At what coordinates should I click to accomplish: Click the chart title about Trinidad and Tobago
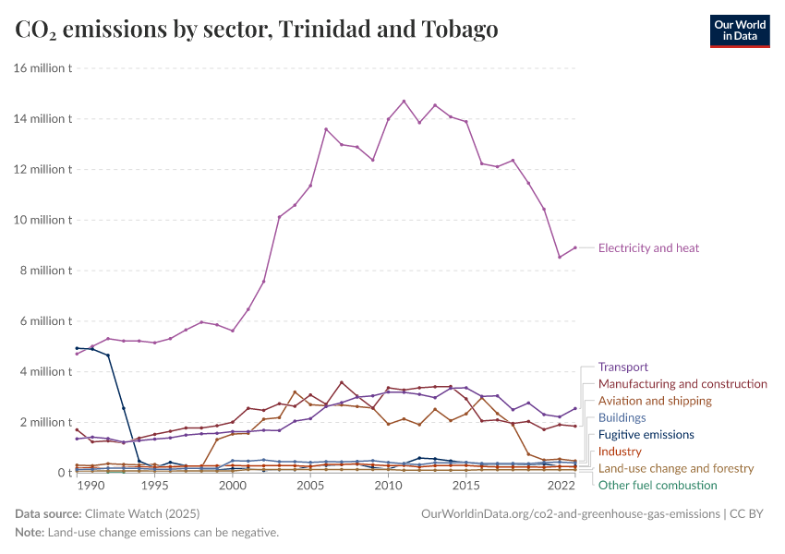[257, 30]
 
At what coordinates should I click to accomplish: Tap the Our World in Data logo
[739, 30]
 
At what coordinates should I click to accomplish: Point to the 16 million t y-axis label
[43, 68]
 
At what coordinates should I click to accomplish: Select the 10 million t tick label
[43, 220]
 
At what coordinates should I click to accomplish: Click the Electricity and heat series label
[648, 247]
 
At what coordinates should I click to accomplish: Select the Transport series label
[623, 367]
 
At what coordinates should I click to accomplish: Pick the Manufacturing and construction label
[682, 383]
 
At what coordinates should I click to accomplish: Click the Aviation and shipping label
[655, 401]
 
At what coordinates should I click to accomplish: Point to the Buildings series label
[622, 417]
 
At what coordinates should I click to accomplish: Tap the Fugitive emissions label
[646, 434]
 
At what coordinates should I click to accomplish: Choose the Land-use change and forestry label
[676, 468]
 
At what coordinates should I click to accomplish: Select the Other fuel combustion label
[658, 485]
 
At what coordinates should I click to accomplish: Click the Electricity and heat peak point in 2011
[404, 102]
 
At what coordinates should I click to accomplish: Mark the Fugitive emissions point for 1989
[77, 348]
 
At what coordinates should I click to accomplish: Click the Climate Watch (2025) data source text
[141, 512]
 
